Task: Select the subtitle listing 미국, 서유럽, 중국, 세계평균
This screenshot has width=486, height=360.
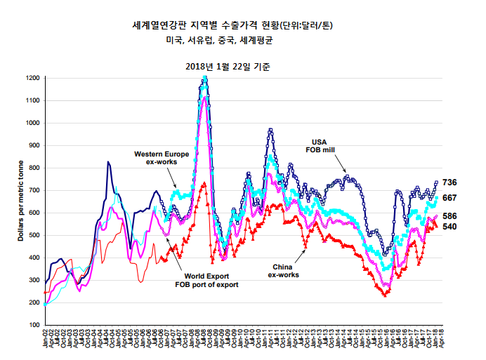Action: point(220,41)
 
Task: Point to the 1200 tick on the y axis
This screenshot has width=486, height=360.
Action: point(32,78)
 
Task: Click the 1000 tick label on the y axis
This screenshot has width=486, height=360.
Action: point(32,123)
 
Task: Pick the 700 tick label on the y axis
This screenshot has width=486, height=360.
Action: point(33,190)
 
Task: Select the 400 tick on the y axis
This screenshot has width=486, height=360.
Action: point(33,258)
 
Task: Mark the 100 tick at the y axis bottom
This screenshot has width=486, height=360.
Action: point(33,325)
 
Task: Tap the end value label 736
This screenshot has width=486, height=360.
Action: point(449,182)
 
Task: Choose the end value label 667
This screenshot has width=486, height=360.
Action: point(449,198)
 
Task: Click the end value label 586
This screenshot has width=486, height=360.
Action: point(449,216)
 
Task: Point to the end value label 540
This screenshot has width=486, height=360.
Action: point(449,227)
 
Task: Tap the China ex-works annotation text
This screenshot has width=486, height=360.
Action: point(283,271)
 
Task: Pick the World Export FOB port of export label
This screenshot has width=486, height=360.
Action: point(206,281)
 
